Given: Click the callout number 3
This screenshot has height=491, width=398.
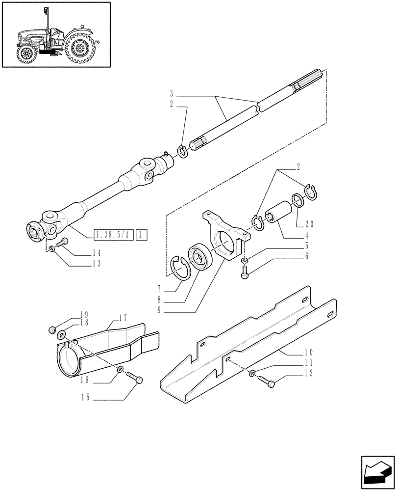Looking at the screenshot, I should [172, 93].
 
